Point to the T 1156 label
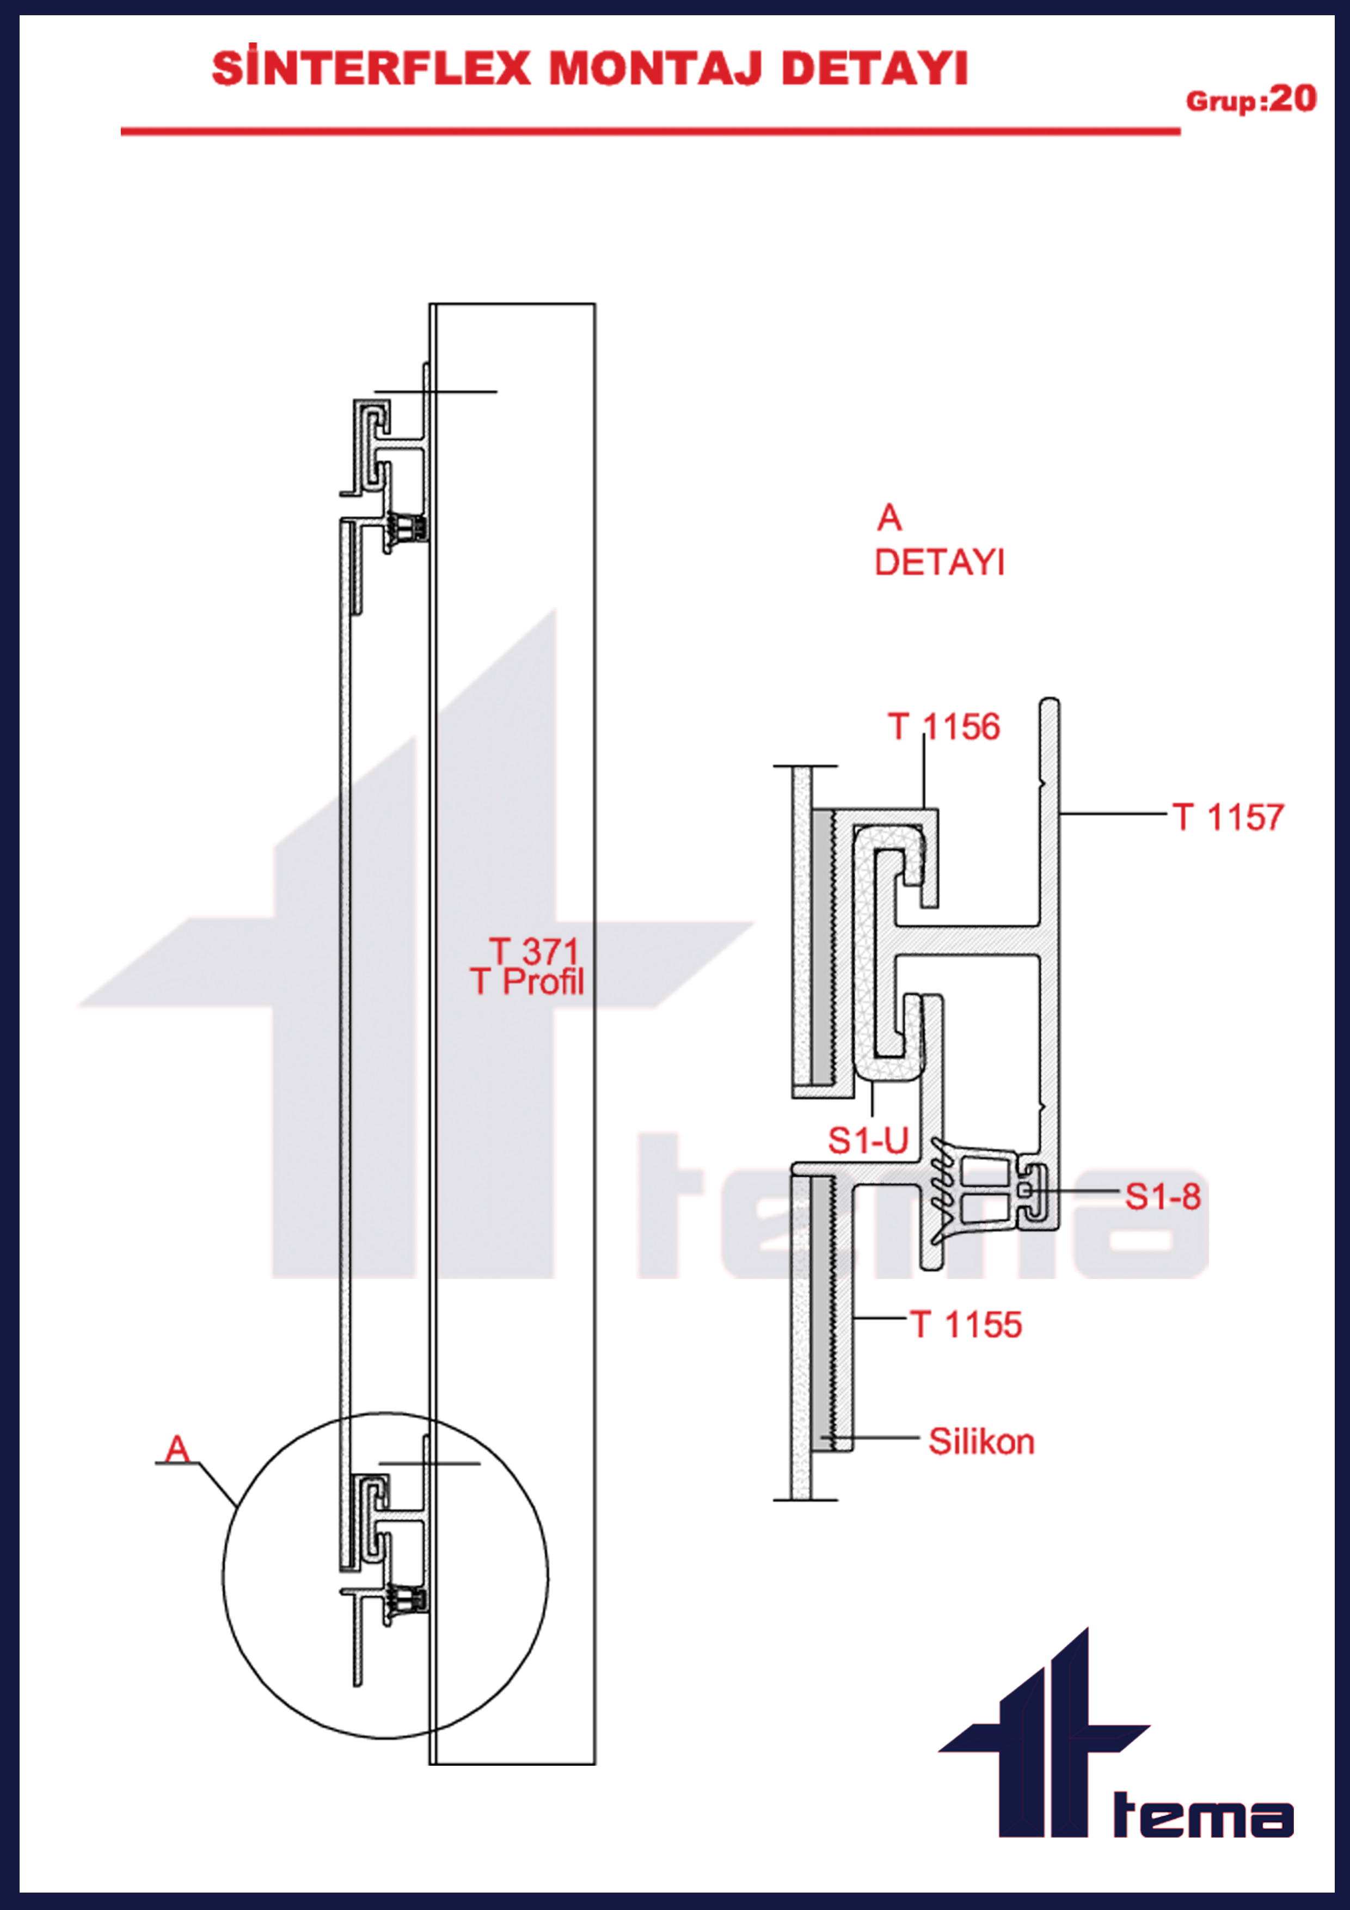pyautogui.click(x=943, y=727)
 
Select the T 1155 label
pyautogui.click(x=966, y=1324)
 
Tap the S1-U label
pyautogui.click(x=868, y=1141)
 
